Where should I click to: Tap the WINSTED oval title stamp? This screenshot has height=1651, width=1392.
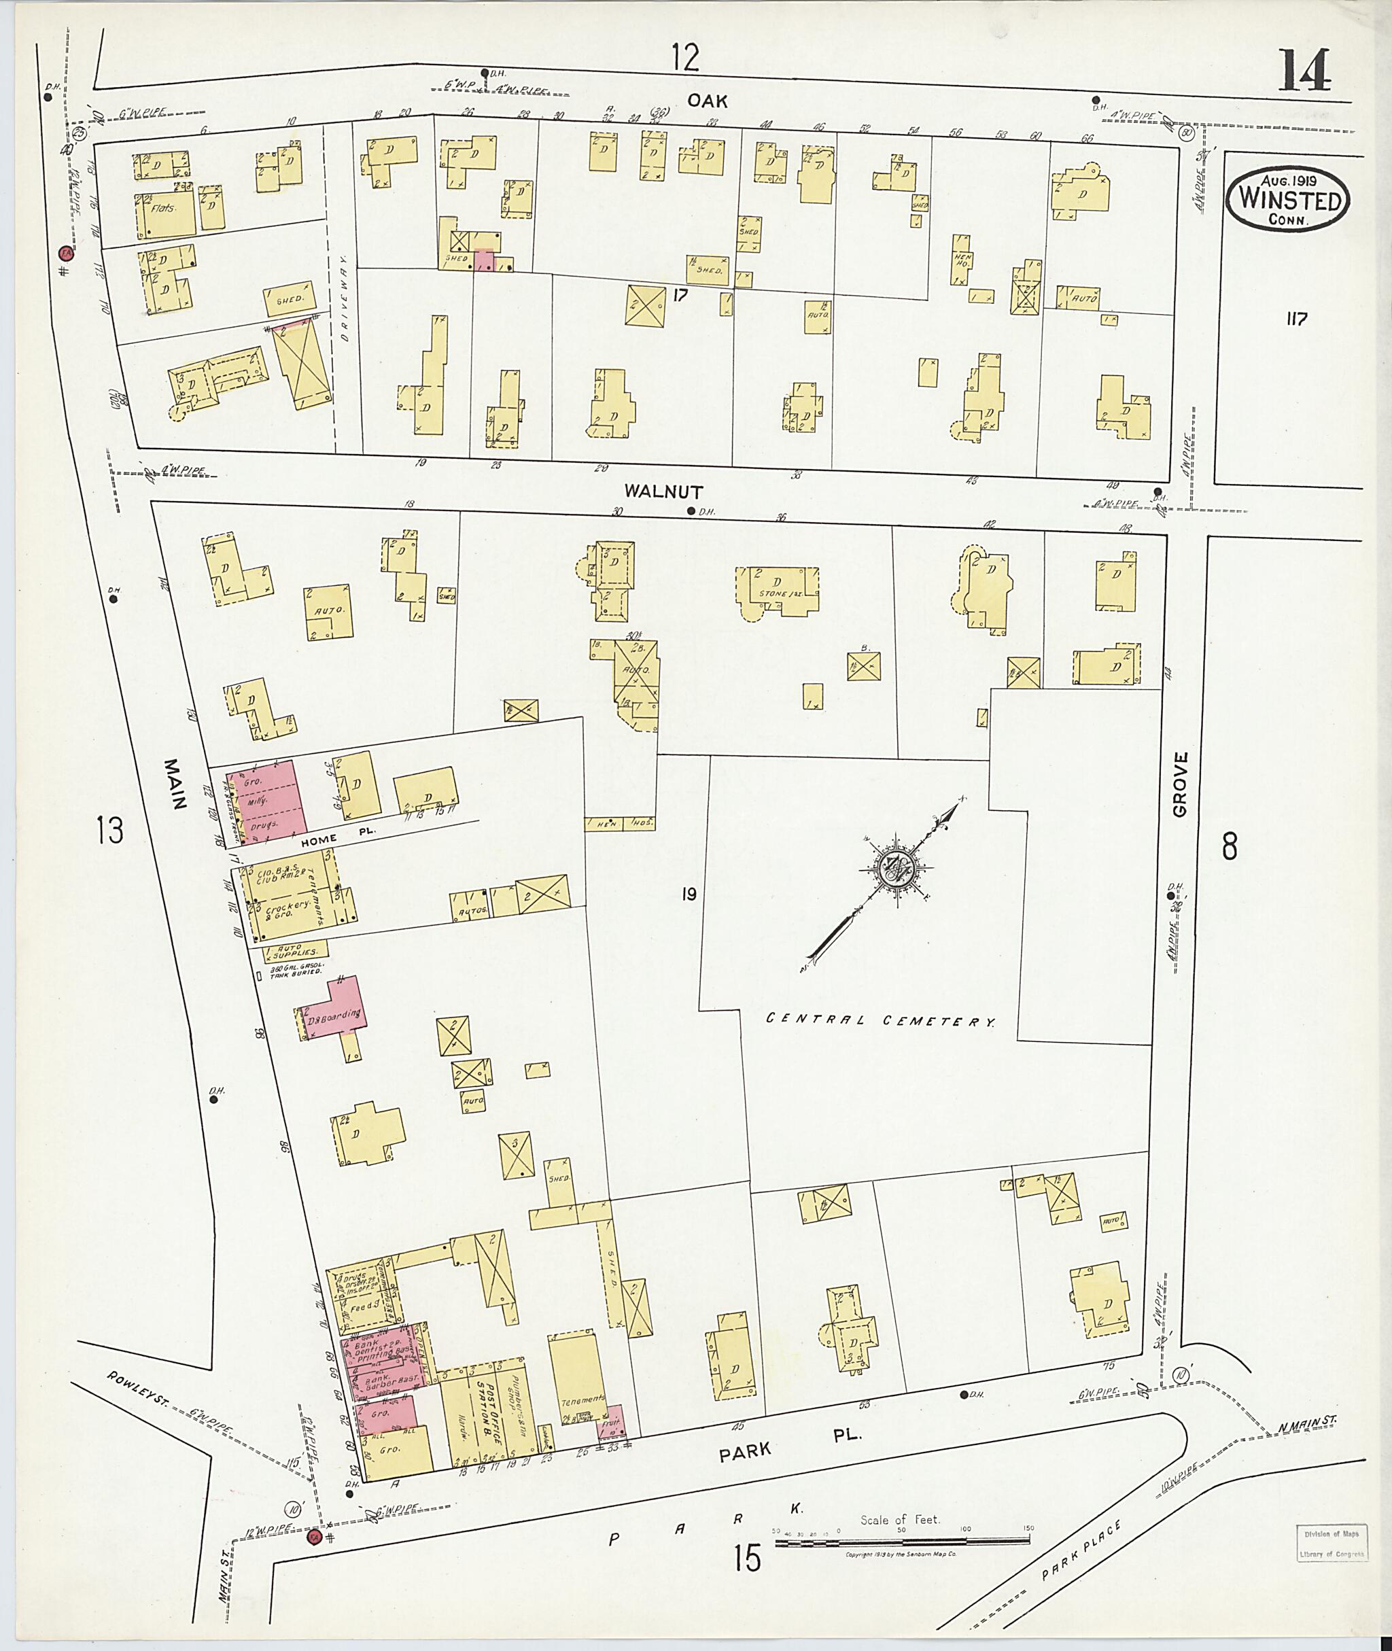pyautogui.click(x=1288, y=200)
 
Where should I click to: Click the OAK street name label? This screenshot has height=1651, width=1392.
pyautogui.click(x=706, y=100)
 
